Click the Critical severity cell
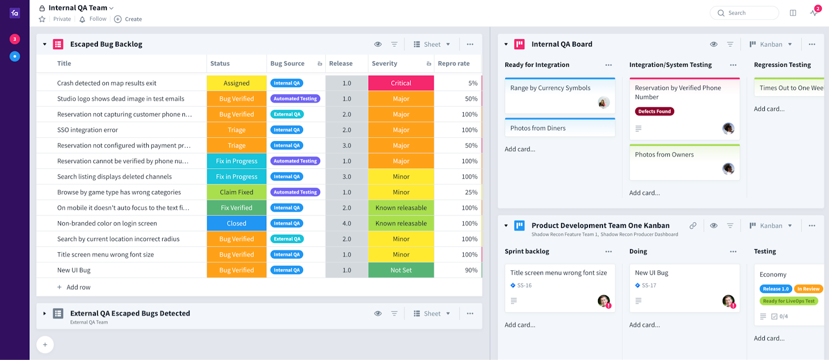point(401,83)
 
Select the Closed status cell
point(236,223)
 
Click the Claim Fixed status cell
point(236,192)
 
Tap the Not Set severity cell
point(401,270)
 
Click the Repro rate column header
point(453,63)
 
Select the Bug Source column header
point(288,63)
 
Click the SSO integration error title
point(88,130)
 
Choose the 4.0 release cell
point(347,223)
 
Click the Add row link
point(78,287)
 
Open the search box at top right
point(744,13)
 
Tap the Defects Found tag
point(654,111)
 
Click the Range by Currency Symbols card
point(550,88)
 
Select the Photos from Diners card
point(538,128)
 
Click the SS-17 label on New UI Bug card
point(648,285)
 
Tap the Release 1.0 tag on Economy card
point(775,289)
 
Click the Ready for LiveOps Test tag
point(788,301)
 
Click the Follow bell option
point(93,19)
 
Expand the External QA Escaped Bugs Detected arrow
point(45,313)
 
